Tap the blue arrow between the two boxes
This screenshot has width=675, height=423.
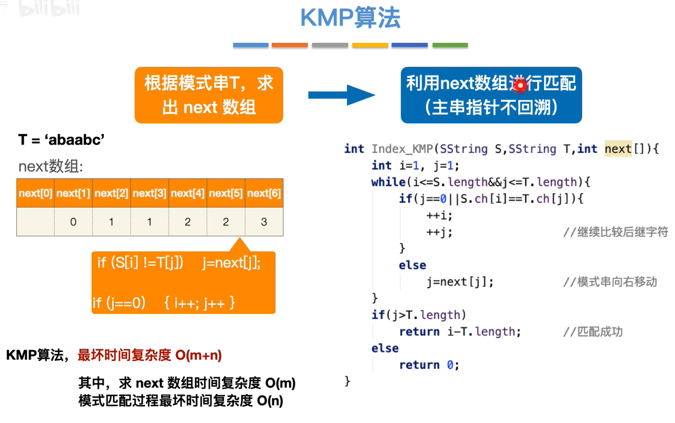(x=342, y=95)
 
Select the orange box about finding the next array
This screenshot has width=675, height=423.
(x=209, y=95)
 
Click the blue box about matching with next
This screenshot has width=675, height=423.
(x=491, y=95)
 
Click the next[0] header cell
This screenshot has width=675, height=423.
(x=35, y=194)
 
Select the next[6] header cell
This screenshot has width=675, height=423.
(x=264, y=194)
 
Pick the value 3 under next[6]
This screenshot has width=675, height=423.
(x=264, y=222)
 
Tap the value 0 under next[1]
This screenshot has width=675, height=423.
(x=73, y=222)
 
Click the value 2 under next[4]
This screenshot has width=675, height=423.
(x=187, y=222)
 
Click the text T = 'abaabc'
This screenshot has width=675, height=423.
(x=62, y=140)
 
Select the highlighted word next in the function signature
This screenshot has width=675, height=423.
(x=618, y=149)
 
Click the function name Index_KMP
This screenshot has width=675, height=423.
(x=402, y=149)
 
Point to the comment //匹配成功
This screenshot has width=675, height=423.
(x=593, y=332)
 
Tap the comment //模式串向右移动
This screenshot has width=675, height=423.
(x=610, y=282)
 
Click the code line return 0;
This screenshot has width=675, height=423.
(x=429, y=365)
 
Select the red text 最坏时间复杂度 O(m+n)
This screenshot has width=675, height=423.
(x=150, y=356)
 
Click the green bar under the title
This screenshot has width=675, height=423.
(x=450, y=45)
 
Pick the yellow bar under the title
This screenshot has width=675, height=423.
(x=370, y=45)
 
